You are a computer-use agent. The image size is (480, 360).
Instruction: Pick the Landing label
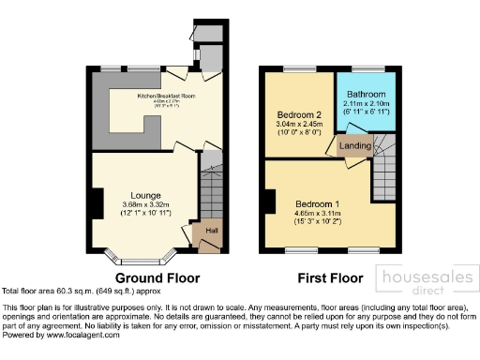[355, 145]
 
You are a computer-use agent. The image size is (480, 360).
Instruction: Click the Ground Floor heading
[157, 278]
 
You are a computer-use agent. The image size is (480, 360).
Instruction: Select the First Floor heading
[330, 278]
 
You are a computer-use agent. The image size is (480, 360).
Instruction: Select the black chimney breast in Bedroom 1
[270, 202]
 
